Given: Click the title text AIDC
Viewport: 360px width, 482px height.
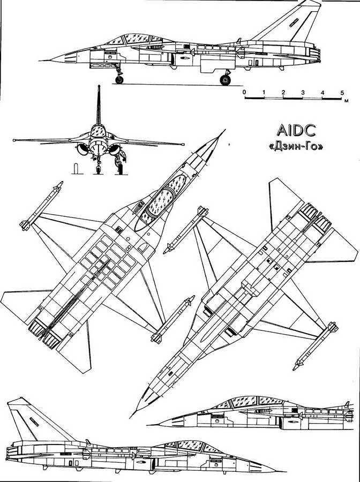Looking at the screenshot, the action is pyautogui.click(x=296, y=130).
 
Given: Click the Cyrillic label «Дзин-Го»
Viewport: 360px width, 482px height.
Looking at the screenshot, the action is pyautogui.click(x=296, y=147).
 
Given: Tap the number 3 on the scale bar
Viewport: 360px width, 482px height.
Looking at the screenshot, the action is pyautogui.click(x=303, y=93).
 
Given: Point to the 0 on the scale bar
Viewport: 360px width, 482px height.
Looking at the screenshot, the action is pyautogui.click(x=244, y=92).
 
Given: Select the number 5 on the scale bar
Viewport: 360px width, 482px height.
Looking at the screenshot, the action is pyautogui.click(x=342, y=93).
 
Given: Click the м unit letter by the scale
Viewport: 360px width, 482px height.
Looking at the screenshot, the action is pyautogui.click(x=346, y=101).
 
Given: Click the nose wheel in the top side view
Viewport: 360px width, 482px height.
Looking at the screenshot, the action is pyautogui.click(x=119, y=80).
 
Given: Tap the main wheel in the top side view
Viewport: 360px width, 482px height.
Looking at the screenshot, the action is pyautogui.click(x=226, y=80).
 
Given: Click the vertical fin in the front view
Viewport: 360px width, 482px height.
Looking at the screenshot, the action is pyautogui.click(x=99, y=104).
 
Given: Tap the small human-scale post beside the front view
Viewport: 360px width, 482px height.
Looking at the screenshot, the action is pyautogui.click(x=76, y=169).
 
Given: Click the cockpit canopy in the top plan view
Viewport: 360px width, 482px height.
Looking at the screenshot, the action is pyautogui.click(x=161, y=201).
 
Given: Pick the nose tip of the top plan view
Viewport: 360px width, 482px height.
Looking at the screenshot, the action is pyautogui.click(x=226, y=130).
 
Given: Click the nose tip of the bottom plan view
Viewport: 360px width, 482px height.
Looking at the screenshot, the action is pyautogui.click(x=130, y=418).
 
